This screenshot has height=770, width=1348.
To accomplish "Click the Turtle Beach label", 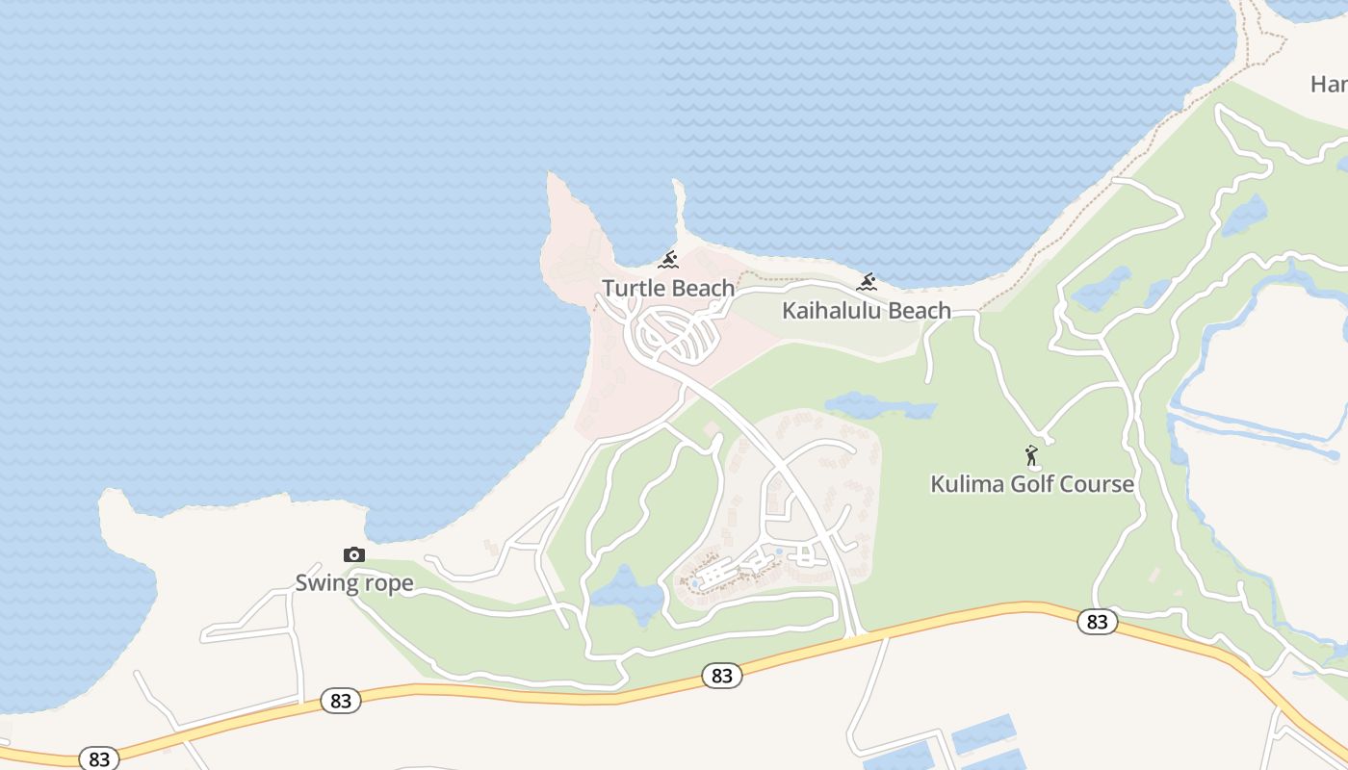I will click(668, 288).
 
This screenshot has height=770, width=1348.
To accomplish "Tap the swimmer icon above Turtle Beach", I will click(668, 260).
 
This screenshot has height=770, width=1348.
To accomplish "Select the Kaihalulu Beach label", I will click(866, 311).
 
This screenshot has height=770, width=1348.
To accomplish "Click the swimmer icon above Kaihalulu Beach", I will click(867, 283).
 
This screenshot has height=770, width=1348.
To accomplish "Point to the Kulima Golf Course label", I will click(1032, 483).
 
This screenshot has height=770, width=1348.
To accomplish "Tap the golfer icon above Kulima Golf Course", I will click(1032, 455).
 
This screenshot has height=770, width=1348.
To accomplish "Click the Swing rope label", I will click(354, 582).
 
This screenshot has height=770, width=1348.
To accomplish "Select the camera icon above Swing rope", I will click(354, 554).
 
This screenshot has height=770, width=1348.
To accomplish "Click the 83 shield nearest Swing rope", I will click(341, 701).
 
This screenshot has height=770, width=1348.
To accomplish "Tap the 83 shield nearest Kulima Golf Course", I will click(1097, 622).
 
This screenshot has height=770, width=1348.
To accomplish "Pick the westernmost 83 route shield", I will click(99, 758).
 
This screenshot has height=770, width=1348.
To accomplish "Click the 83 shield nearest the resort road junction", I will click(721, 676).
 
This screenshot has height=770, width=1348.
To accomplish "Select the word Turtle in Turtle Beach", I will click(634, 288).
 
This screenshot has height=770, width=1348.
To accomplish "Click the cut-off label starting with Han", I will click(1330, 85).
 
